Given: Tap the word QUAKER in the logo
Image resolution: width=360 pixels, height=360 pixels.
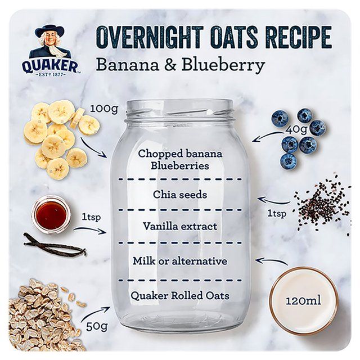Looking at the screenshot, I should point(49,66).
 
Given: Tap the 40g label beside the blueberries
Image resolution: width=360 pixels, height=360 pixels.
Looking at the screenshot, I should point(296,129).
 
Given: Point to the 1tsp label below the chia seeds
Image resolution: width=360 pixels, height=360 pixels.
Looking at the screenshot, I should point(276,214).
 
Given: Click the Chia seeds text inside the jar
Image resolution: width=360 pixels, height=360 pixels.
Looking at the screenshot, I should point(180,195).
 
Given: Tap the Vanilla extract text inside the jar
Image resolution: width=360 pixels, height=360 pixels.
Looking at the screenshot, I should point(180,227).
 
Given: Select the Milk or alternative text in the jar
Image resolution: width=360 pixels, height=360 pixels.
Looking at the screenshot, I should point(180,261).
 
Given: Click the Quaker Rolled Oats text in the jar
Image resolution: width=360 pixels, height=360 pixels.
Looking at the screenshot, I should point(180,295).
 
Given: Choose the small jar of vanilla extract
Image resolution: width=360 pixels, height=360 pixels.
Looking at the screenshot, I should point(51,214).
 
